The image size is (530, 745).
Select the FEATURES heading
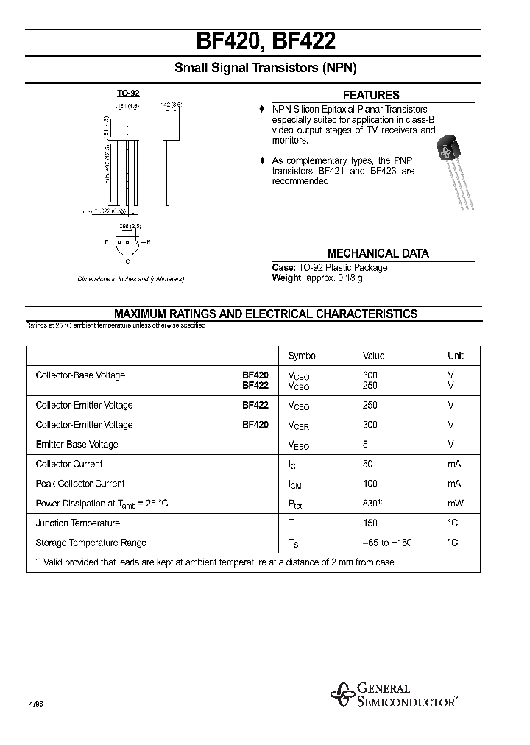point(371,95)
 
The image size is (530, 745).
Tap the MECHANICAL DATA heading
point(378,253)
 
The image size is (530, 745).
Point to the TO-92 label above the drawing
point(128,93)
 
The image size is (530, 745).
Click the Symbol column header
point(303,356)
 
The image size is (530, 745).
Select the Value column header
point(373,356)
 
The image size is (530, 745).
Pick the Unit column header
point(456,356)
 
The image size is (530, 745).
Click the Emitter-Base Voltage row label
point(77,445)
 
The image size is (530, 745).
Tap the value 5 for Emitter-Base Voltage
point(365,445)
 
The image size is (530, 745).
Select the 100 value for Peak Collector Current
point(370,484)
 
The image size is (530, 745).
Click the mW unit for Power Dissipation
point(455,504)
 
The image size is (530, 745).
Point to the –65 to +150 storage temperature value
point(387,543)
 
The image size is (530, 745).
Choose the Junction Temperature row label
point(77,523)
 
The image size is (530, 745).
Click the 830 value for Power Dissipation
point(371,504)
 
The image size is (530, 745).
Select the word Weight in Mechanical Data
point(287,278)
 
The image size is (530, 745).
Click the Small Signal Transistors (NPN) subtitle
point(265,68)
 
